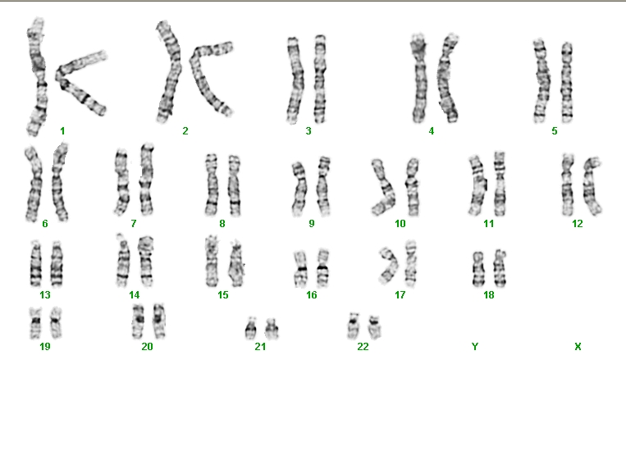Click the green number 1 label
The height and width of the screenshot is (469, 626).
click(62, 131)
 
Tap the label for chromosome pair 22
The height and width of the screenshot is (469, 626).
click(363, 347)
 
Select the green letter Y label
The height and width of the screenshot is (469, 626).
click(475, 347)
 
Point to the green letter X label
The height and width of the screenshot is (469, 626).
click(578, 347)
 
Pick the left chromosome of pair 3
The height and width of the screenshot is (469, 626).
click(295, 80)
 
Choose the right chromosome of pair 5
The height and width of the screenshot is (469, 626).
click(567, 82)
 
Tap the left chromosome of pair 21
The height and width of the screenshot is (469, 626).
click(251, 329)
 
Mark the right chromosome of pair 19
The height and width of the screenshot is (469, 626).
click(57, 322)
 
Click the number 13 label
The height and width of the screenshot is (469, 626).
click(45, 295)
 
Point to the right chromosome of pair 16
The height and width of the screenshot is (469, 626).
click(322, 268)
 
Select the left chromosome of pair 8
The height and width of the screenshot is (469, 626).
click(212, 184)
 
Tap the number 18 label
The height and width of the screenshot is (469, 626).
click(489, 295)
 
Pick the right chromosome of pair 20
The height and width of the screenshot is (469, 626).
click(159, 321)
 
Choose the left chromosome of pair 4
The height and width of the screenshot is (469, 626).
click(419, 79)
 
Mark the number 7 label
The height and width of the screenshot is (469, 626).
click(134, 224)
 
